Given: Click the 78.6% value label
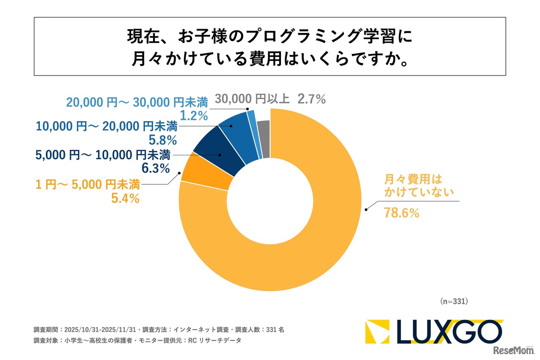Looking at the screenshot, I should (x=401, y=213).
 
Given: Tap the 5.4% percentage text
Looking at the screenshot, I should (x=125, y=198).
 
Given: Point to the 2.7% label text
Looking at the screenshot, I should (x=312, y=99).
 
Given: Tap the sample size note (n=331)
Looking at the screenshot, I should (x=454, y=301).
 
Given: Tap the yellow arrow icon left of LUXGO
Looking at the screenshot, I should (x=375, y=331).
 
